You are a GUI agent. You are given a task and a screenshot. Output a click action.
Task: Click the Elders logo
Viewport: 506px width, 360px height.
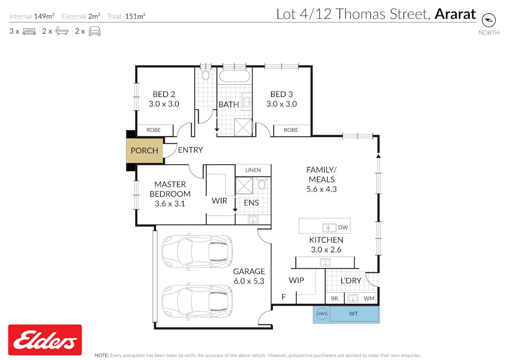point(45,340)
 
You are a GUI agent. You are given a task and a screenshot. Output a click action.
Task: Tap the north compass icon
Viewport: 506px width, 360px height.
point(488,20)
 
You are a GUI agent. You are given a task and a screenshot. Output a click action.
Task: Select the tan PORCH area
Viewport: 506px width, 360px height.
point(144,150)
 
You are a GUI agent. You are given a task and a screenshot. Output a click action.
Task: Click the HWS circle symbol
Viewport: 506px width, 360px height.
point(321,314)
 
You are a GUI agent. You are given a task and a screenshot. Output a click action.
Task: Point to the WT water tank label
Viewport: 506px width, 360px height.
point(353,314)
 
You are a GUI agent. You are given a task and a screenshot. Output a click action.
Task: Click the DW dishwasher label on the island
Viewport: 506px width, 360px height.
point(343,228)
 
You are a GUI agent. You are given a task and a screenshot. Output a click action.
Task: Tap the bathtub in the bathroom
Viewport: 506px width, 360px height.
point(235,75)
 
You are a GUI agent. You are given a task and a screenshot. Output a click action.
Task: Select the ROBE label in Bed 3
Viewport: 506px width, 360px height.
point(291,130)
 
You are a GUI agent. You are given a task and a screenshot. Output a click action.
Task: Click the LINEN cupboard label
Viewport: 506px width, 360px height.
point(253,170)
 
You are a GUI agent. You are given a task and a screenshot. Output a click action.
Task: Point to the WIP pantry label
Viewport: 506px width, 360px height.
point(296,280)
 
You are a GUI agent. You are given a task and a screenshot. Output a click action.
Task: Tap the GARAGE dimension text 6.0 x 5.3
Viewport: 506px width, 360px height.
point(249,281)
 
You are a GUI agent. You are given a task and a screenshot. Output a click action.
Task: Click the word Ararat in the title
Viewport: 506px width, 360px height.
point(455,14)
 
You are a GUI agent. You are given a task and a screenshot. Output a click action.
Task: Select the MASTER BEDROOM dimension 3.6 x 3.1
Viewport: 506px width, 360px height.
point(170,203)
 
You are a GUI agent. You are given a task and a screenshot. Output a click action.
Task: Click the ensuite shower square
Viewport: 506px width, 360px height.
point(245,187)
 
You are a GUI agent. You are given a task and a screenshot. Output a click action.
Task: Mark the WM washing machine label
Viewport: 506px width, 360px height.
point(369,298)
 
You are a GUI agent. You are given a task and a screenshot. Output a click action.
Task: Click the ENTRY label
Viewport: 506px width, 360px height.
point(190,150)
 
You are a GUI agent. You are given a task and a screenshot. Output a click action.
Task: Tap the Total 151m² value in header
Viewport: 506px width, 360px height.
point(135,16)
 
